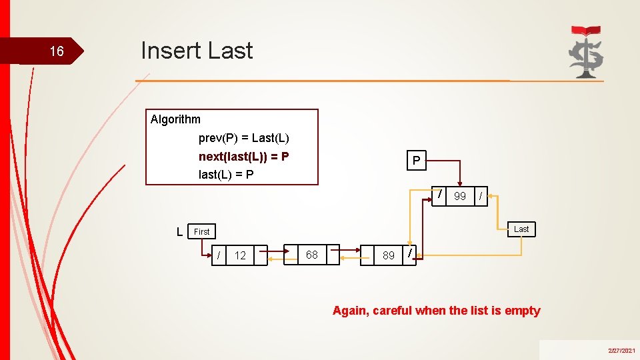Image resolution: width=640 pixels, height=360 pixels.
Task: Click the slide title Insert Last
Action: click(x=197, y=51)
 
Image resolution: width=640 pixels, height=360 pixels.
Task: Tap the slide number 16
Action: click(x=57, y=52)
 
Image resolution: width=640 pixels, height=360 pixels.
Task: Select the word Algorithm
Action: click(x=175, y=119)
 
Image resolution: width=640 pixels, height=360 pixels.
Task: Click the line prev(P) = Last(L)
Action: click(x=244, y=139)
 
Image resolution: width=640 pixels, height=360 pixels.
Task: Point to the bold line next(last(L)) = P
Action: click(x=244, y=157)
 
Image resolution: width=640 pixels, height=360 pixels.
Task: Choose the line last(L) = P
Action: click(x=226, y=175)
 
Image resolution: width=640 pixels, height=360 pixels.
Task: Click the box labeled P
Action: click(x=416, y=161)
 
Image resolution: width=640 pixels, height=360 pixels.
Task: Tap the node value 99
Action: click(x=460, y=196)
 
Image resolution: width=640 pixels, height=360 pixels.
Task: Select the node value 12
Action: click(x=240, y=255)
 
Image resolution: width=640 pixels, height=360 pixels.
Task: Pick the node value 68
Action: click(x=311, y=255)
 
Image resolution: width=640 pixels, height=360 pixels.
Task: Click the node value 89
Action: click(x=388, y=255)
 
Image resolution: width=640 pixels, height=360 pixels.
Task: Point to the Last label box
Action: click(x=521, y=229)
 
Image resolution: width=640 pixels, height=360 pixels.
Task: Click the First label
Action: click(x=202, y=231)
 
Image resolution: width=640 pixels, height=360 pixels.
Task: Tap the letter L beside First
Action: click(x=180, y=231)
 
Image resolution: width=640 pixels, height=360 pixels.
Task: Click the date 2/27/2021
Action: click(x=621, y=350)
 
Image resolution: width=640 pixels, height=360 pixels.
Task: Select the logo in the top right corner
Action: click(x=585, y=51)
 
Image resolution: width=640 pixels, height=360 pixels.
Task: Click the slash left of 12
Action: click(x=219, y=255)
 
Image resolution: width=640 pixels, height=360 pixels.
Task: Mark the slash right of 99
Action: click(x=481, y=195)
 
